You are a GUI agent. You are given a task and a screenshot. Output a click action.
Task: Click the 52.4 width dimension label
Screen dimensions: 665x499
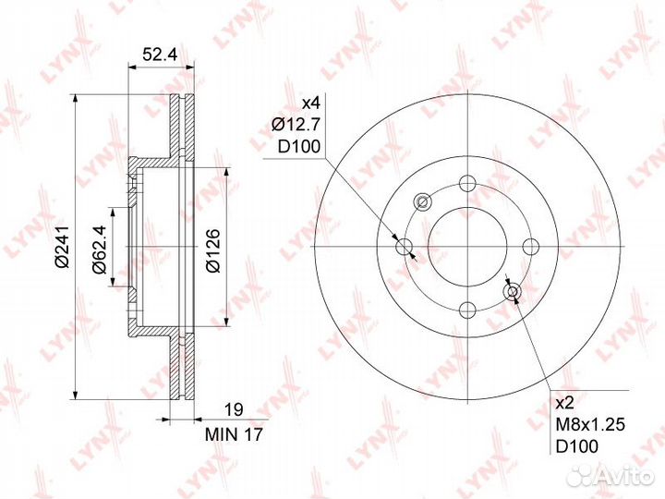pyautogui.click(x=160, y=55)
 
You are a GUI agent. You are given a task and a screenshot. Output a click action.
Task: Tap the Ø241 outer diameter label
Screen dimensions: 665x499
pyautogui.click(x=62, y=247)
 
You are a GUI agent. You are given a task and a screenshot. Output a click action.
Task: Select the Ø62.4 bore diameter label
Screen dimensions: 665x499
pyautogui.click(x=100, y=249)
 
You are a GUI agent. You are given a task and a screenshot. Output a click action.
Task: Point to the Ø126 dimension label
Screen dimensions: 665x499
pyautogui.click(x=213, y=250)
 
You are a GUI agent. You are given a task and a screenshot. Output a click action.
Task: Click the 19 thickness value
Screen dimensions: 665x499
pyautogui.click(x=234, y=410)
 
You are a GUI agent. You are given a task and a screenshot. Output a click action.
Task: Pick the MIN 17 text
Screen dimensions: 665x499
pyautogui.click(x=234, y=434)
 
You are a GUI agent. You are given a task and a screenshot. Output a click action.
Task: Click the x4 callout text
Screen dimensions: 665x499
pyautogui.click(x=312, y=103)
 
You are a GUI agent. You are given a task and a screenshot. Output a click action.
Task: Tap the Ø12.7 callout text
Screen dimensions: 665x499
pyautogui.click(x=296, y=125)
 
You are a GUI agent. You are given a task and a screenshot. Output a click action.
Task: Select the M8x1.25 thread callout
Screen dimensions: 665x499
pyautogui.click(x=590, y=425)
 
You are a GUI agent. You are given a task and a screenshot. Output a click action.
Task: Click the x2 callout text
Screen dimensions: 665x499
pyautogui.click(x=564, y=403)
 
